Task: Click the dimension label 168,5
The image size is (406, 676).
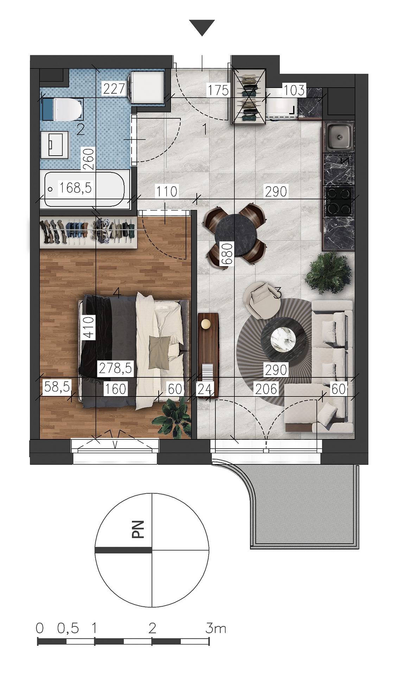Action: [x=75, y=188]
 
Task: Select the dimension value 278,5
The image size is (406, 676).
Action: [x=115, y=368]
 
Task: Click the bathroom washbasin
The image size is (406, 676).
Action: [x=55, y=144]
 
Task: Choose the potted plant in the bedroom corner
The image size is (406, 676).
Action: [x=172, y=418]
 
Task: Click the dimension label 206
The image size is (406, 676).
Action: [x=265, y=389]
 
